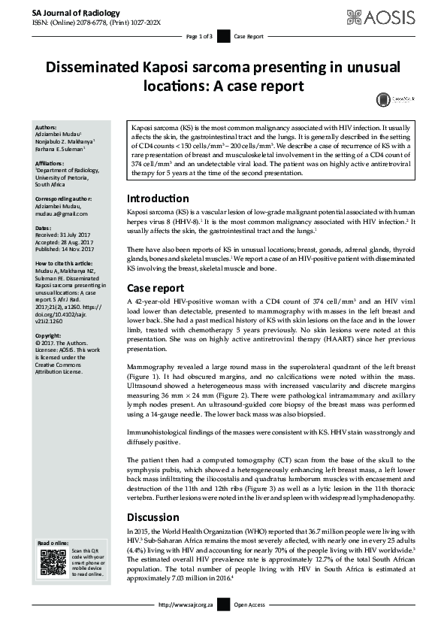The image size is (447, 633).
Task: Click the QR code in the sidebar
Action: click(53, 563)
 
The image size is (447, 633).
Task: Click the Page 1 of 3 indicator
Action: click(200, 36)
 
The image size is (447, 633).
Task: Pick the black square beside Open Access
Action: click(224, 625)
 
